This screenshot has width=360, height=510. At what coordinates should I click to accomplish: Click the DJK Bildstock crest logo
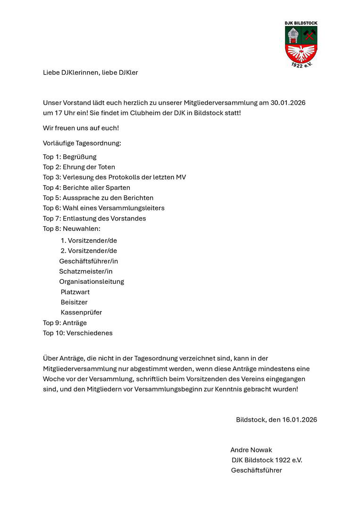tap(301, 44)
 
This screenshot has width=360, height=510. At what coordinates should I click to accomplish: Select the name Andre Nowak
tap(251, 450)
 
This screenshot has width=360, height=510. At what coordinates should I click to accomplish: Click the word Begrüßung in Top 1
tap(79, 157)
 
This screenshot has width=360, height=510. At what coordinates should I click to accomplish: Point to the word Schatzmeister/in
tap(86, 271)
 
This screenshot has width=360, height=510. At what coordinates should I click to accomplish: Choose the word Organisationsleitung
tap(92, 281)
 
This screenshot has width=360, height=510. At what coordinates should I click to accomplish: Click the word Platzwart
tap(75, 292)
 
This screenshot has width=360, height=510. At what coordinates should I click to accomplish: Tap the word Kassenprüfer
tap(81, 312)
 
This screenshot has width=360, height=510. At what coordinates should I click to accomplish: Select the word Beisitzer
tap(74, 302)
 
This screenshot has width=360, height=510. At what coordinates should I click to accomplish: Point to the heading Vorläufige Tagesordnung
tap(82, 143)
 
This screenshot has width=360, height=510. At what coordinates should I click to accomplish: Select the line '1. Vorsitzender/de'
tap(89, 240)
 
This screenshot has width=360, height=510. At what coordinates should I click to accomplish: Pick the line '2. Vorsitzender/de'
tap(89, 251)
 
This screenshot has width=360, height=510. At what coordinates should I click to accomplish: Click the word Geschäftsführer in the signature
tap(256, 470)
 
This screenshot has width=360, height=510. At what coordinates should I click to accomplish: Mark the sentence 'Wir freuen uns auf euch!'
tap(81, 128)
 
